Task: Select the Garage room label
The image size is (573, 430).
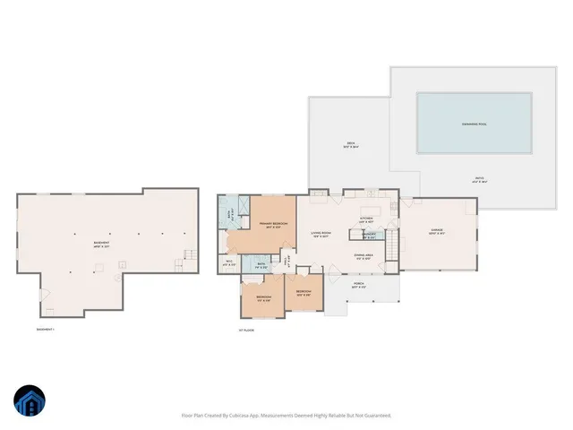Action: (437, 231)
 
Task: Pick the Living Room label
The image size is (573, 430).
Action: (321, 235)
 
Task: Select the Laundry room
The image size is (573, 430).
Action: (369, 235)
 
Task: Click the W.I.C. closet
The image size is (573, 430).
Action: (229, 263)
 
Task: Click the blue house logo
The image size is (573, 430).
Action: (29, 401)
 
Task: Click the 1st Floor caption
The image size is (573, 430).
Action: (248, 330)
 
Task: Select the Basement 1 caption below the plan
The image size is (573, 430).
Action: (46, 330)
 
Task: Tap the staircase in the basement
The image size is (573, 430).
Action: (188, 256)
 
